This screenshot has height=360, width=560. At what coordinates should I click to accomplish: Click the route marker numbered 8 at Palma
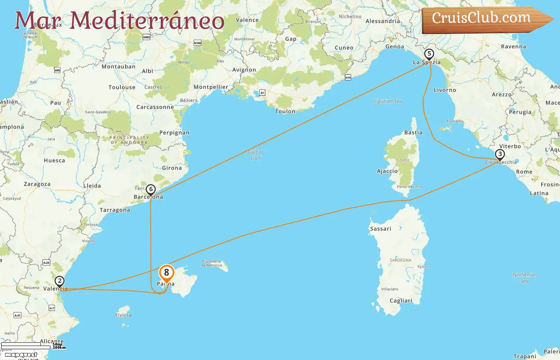(166, 273)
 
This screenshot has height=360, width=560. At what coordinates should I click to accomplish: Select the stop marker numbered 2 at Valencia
(60, 281)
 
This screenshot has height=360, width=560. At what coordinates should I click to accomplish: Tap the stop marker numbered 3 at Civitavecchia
(500, 154)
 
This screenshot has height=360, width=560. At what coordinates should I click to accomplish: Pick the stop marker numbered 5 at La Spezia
(429, 54)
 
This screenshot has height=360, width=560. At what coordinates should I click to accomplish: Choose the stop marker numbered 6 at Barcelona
(151, 189)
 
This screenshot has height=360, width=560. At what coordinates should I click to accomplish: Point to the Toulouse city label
(122, 87)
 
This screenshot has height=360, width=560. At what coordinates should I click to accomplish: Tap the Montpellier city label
(211, 87)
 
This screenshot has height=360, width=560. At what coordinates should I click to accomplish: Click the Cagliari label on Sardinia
(401, 301)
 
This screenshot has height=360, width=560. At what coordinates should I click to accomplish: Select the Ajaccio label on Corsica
(387, 171)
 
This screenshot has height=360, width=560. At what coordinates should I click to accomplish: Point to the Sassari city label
(380, 229)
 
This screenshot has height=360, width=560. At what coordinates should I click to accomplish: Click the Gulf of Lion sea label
(256, 155)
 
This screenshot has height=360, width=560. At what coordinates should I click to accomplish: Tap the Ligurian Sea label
(388, 101)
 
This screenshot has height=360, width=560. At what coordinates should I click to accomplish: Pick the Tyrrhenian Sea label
(524, 278)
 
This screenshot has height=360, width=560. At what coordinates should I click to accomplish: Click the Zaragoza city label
(37, 184)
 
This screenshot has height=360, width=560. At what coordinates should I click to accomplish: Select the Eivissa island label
(123, 315)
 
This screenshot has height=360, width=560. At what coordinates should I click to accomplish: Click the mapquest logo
(21, 354)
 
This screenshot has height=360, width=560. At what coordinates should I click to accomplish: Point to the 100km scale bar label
(59, 348)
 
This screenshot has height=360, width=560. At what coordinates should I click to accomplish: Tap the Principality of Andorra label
(129, 140)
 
